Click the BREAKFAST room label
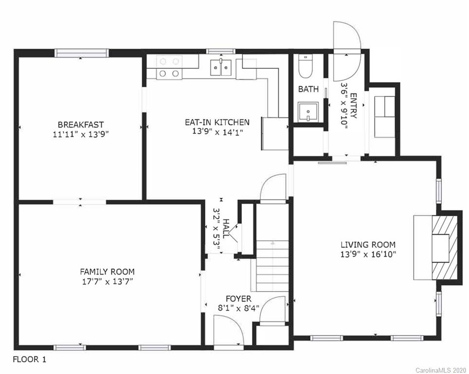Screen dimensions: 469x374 pyautogui.click(x=81, y=124)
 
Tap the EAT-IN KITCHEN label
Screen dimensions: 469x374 pyautogui.click(x=217, y=122)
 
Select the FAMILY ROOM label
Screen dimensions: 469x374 pyautogui.click(x=107, y=272)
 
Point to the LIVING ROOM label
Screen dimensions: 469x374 pyautogui.click(x=368, y=244)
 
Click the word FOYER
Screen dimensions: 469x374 pyautogui.click(x=238, y=299)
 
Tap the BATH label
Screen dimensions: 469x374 pyautogui.click(x=308, y=89)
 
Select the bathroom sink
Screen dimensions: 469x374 pyautogui.click(x=308, y=112)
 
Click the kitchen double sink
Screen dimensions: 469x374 pyautogui.click(x=221, y=68)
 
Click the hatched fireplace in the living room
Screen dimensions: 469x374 pyautogui.click(x=445, y=247)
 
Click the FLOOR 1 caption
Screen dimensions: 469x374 pyautogui.click(x=30, y=359)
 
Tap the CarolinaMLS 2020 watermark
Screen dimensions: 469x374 pyautogui.click(x=441, y=370)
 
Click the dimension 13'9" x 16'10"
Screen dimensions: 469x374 pyautogui.click(x=368, y=255)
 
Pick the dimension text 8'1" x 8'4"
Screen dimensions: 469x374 pyautogui.click(x=238, y=308)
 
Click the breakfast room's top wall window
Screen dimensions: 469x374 pyautogui.click(x=81, y=53)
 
